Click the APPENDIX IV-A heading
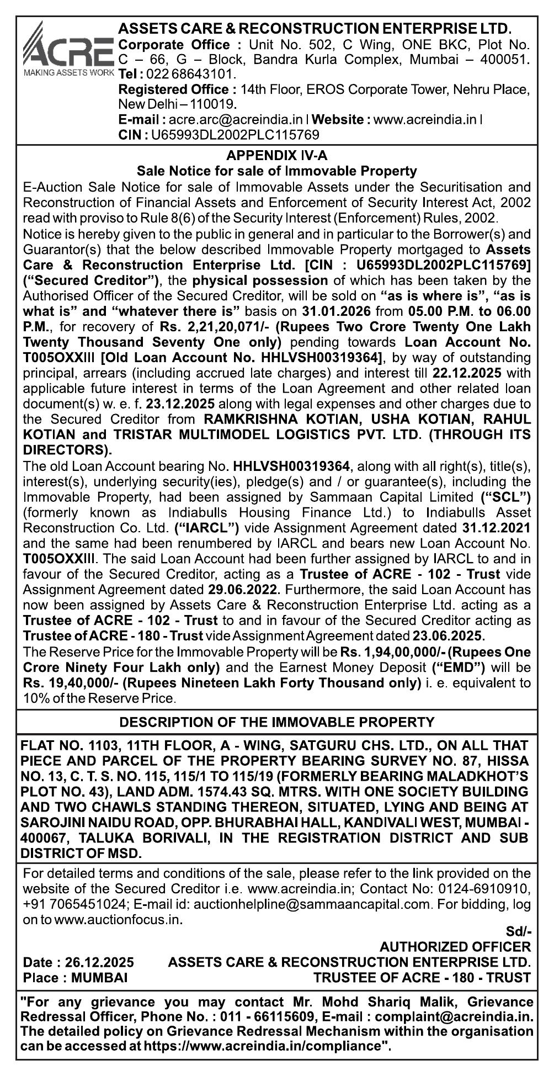click(x=276, y=156)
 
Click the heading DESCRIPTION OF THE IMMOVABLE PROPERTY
click(x=276, y=722)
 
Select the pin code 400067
click(x=42, y=838)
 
